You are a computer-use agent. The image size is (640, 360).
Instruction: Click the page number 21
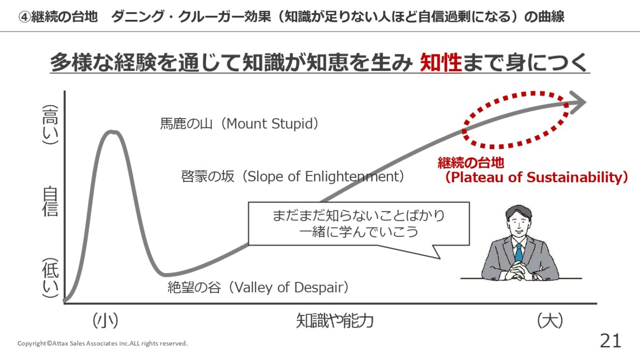(x=610, y=341)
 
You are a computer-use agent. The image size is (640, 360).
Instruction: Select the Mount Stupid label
(x=240, y=124)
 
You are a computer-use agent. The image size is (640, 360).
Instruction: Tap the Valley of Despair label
(x=258, y=287)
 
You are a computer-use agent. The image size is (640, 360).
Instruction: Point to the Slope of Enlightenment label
(x=293, y=176)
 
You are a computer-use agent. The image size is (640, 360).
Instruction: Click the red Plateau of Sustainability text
(x=533, y=171)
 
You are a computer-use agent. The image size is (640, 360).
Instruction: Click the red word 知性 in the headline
(x=441, y=63)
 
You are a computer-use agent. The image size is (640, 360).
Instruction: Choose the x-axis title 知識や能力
(x=335, y=321)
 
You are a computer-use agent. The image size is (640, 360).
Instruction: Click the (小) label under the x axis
(x=105, y=321)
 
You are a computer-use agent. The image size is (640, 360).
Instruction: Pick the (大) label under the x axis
(x=550, y=321)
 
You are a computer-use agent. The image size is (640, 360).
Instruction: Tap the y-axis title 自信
(x=50, y=201)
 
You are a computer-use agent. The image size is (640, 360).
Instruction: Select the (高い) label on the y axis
(x=50, y=125)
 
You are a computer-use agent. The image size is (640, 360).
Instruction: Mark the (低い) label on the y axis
(x=50, y=278)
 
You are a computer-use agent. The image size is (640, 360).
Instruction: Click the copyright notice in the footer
(x=103, y=344)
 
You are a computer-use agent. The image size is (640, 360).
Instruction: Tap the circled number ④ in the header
(x=24, y=17)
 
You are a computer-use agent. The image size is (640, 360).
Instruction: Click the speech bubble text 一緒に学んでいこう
(x=358, y=232)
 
